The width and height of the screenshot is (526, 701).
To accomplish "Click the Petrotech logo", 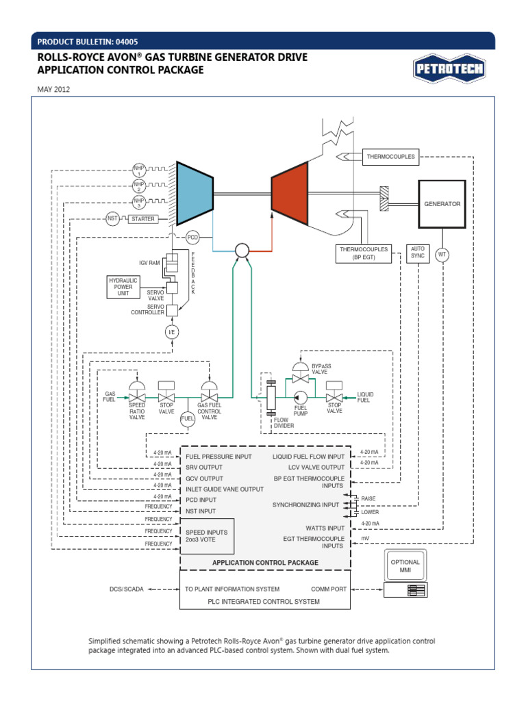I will click(449, 68).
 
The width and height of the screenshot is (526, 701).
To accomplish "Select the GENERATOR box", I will click(442, 204).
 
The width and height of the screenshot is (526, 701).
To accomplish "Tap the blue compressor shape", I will click(195, 193).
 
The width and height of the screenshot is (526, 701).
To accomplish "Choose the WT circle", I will click(442, 255).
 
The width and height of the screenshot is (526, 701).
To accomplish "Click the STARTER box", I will click(143, 219).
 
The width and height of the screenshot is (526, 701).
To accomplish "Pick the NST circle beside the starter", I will click(112, 219).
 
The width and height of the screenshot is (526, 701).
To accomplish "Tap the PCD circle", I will click(192, 238).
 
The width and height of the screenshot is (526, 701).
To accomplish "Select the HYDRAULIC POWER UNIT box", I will click(123, 286).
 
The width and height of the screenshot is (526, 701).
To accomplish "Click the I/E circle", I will click(172, 332).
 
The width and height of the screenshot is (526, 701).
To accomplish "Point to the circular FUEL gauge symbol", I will click(187, 418).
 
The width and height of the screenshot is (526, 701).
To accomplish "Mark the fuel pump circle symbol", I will click(300, 397).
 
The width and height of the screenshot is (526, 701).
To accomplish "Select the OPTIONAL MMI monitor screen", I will click(405, 565).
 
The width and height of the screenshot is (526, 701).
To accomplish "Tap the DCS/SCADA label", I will click(127, 589).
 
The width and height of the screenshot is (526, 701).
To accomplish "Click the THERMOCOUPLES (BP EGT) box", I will click(363, 254).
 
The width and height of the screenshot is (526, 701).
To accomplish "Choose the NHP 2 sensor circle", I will click(139, 186).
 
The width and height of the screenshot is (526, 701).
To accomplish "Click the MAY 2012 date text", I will click(53, 89).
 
